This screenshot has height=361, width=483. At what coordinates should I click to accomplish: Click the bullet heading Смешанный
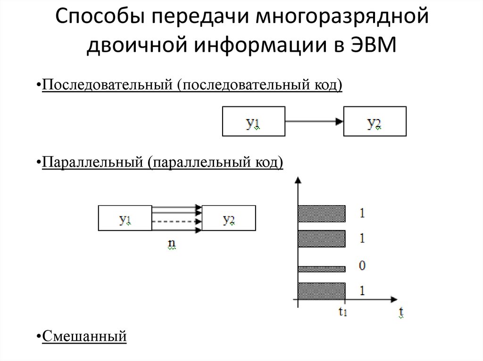84,337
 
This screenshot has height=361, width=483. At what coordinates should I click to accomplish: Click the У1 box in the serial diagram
253,122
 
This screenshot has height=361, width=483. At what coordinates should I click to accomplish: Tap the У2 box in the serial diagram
375,122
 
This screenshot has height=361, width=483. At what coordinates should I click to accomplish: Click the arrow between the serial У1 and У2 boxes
314,122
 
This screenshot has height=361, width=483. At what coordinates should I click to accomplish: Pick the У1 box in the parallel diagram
125,218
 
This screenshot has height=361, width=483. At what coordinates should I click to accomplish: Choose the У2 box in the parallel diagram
229,218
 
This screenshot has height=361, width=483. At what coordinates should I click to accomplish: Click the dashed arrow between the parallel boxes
177,221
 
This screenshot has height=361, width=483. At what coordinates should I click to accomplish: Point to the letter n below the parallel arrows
172,244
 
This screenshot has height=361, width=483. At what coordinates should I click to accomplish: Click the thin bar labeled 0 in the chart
321,269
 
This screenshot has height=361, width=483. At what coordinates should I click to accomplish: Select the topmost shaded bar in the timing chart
321,213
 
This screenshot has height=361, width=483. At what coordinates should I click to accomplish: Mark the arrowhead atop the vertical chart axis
297,179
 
